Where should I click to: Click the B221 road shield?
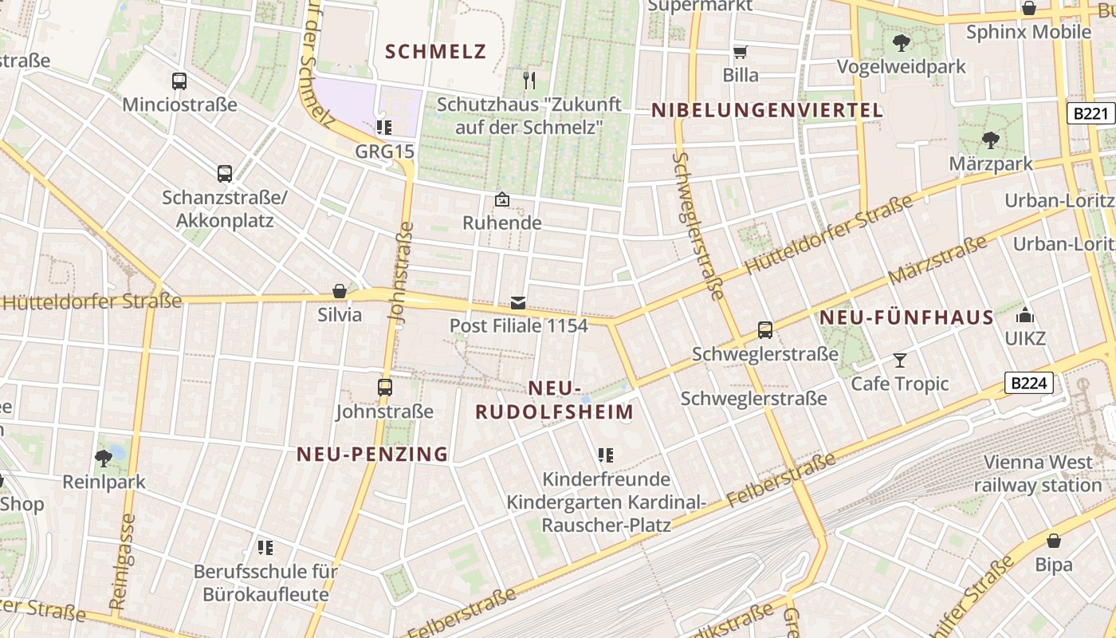(1090, 113)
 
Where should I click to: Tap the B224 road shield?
(1028, 383)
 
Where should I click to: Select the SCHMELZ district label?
(435, 52)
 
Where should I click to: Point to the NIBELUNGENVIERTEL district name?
(768, 110)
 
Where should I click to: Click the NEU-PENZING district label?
(372, 454)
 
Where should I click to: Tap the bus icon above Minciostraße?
(179, 81)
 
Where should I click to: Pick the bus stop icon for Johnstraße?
(385, 388)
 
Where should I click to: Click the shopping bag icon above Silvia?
(340, 291)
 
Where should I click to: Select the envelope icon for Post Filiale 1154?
(518, 302)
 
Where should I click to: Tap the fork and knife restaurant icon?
(529, 80)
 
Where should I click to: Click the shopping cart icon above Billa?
(741, 52)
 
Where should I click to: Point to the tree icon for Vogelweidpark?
(902, 42)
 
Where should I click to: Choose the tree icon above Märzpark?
(991, 140)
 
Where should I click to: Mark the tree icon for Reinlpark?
(104, 458)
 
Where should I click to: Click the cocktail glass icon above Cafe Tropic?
(900, 360)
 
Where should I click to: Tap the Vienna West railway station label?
(1037, 474)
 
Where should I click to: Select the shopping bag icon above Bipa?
(1054, 541)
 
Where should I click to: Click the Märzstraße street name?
(937, 262)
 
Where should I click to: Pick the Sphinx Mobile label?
(1028, 32)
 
